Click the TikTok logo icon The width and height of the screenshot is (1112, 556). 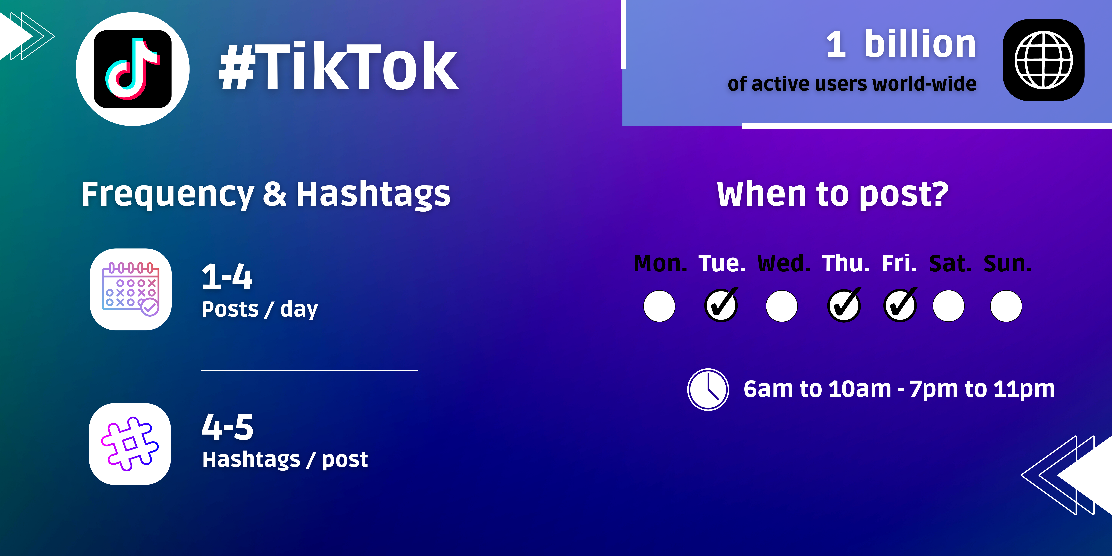click(x=133, y=69)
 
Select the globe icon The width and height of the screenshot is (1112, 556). click(x=1043, y=60)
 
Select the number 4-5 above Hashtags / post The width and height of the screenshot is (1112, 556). click(x=227, y=427)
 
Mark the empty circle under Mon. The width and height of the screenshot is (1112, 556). click(x=659, y=306)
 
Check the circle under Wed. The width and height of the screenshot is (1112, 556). click(x=781, y=306)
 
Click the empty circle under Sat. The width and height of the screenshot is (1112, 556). click(x=948, y=306)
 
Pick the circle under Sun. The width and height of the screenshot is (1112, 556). click(x=1006, y=306)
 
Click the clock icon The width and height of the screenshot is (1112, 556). click(x=708, y=389)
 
